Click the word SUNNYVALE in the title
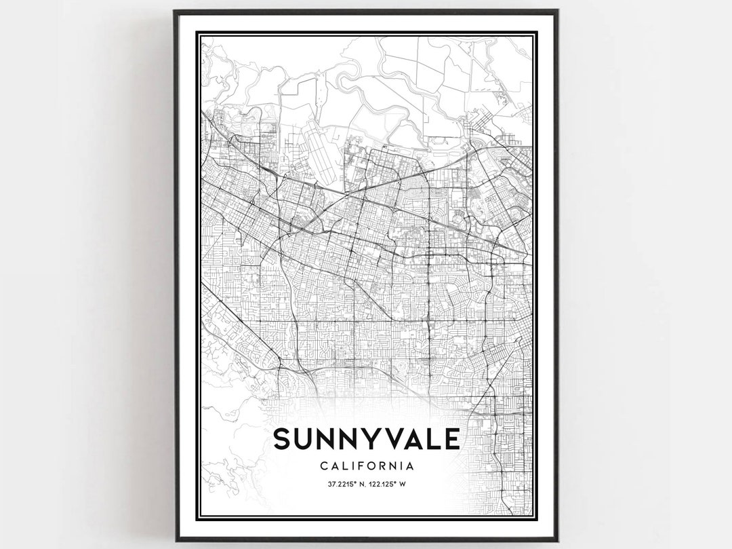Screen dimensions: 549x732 coord(366,439)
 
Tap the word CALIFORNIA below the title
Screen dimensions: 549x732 coord(366,466)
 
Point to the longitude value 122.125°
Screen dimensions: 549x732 coord(384,484)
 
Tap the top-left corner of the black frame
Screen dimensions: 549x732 coord(176,12)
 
